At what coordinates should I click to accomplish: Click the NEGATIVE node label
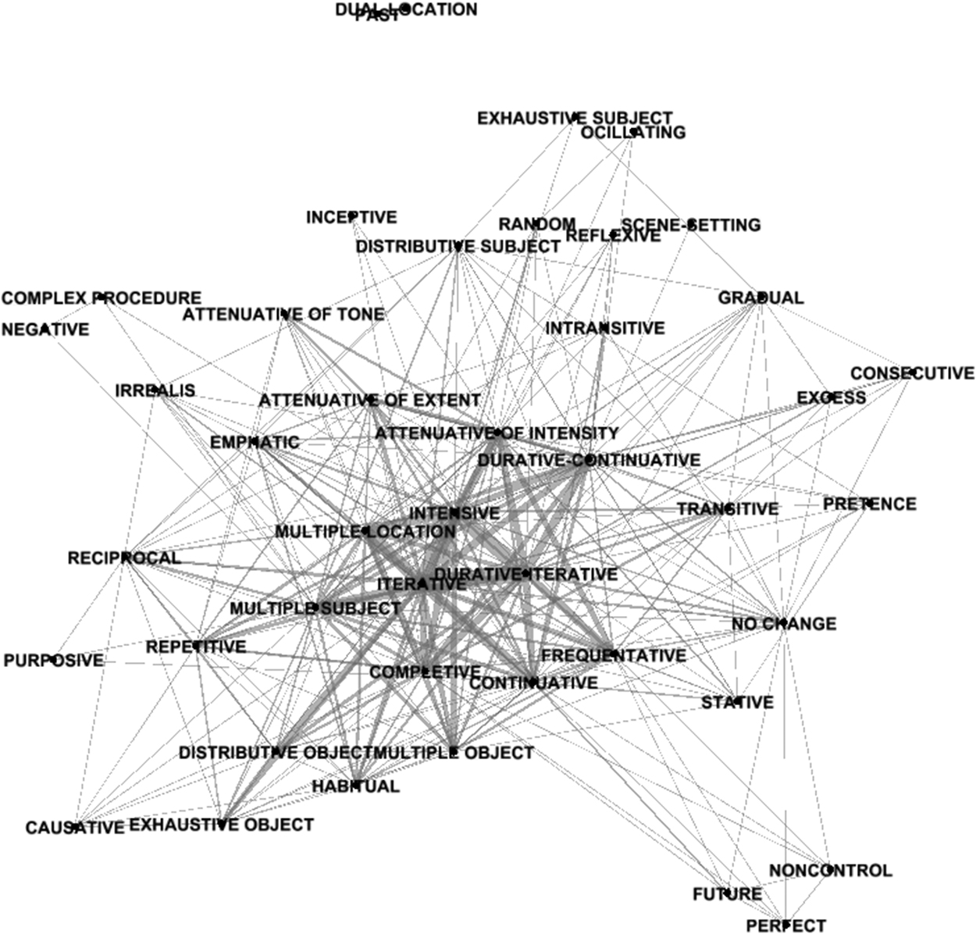tap(45, 330)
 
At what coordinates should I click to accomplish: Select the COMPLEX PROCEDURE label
tap(102, 298)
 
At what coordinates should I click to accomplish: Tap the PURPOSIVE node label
tap(53, 661)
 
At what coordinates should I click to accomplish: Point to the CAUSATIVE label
tap(75, 828)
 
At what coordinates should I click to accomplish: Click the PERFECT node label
tap(785, 926)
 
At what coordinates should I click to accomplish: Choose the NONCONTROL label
tap(830, 871)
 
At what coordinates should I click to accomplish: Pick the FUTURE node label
tap(727, 895)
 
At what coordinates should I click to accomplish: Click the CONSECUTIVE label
tap(912, 374)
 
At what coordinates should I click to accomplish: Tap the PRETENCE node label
tap(869, 504)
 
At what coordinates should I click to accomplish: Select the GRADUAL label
tap(760, 298)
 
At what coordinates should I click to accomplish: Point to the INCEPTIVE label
tap(351, 217)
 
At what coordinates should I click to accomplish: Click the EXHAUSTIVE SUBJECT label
tap(575, 119)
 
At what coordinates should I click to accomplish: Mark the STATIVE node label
tap(737, 703)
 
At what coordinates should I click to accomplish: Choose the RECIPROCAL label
tap(124, 558)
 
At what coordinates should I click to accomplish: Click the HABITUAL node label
tap(356, 786)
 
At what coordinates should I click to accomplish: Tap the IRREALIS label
tap(155, 390)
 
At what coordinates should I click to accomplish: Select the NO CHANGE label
tap(784, 625)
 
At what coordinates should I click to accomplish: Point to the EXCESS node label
tap(831, 398)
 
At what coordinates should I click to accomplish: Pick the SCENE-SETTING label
tap(690, 226)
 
